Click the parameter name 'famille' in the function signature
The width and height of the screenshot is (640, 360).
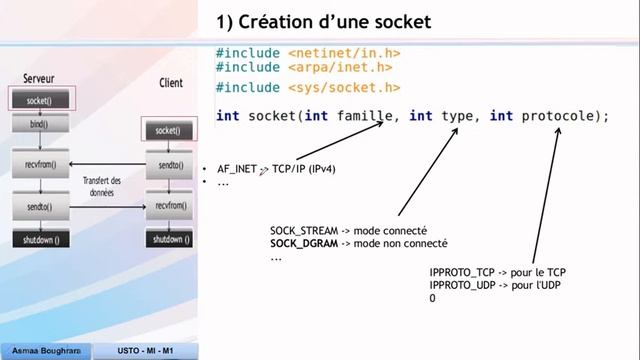pyautogui.click(x=364, y=116)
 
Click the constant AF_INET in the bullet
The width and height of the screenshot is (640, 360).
pyautogui.click(x=237, y=169)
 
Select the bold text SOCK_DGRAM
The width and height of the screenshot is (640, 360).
pyautogui.click(x=303, y=243)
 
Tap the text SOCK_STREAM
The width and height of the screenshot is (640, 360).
pyautogui.click(x=305, y=230)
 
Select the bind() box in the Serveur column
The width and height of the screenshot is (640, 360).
pyautogui.click(x=39, y=125)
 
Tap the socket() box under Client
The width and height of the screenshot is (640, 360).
pyautogui.click(x=168, y=130)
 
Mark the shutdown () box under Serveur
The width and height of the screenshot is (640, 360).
pyautogui.click(x=39, y=240)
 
